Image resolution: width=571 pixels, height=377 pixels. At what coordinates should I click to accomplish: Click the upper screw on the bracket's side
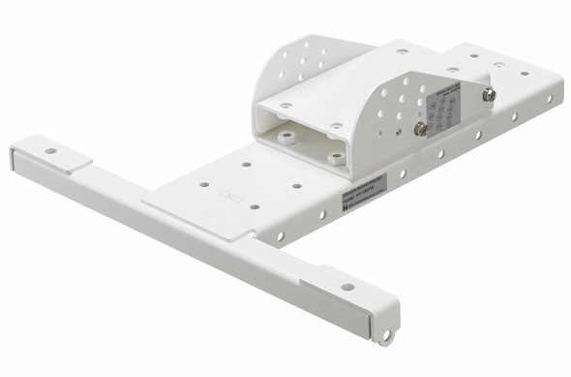tap(490, 94)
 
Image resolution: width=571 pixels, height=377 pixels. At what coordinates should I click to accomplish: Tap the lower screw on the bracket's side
tap(421, 128)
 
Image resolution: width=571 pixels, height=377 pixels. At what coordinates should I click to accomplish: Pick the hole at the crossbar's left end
tap(49, 151)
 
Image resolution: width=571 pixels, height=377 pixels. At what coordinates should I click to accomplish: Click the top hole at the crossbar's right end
tap(346, 287)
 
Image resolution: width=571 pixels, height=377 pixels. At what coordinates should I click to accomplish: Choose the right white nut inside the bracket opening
tap(334, 156)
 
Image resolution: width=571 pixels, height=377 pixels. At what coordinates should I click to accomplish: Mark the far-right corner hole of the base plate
tap(526, 74)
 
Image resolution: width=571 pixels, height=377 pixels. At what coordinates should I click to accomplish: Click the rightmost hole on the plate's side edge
tap(549, 98)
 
